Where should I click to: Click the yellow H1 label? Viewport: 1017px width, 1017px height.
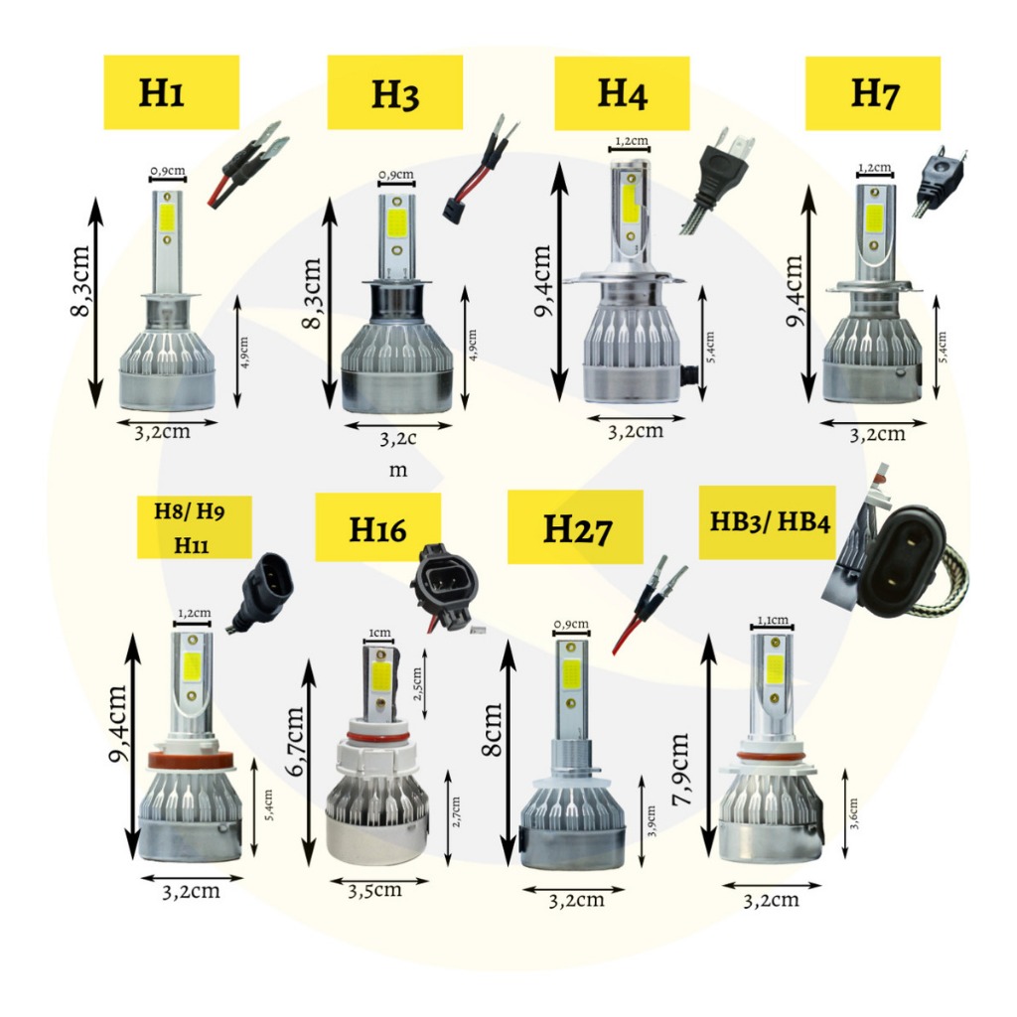171,92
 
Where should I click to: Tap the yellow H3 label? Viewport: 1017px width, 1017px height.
394,92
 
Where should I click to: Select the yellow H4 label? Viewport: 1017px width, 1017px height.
622,93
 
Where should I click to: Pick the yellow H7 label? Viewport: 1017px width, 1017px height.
872,92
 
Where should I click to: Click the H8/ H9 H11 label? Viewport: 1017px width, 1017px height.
195,527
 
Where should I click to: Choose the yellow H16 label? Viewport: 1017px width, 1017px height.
377,528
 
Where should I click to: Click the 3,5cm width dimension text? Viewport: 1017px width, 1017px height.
375,890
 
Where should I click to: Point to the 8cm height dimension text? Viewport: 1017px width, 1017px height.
493,729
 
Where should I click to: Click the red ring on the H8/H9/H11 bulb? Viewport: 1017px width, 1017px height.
192,761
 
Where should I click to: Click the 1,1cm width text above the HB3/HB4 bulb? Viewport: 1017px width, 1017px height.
773,620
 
